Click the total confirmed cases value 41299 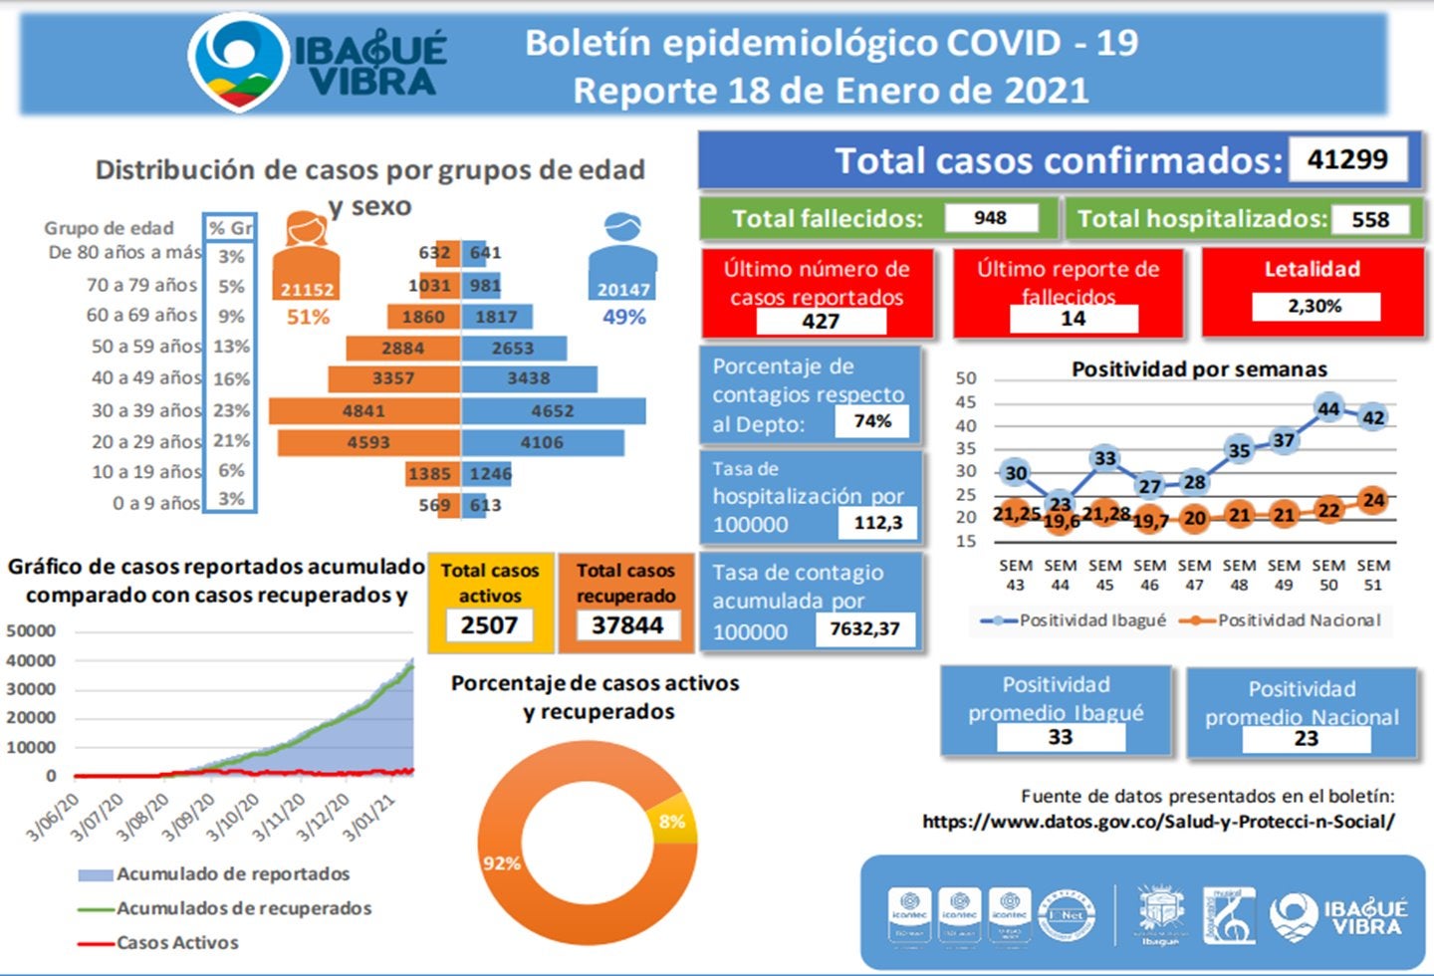click(x=1346, y=159)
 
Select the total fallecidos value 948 click(x=990, y=218)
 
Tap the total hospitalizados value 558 click(x=1369, y=219)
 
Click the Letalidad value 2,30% click(x=1314, y=306)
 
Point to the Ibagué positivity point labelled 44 click(x=1328, y=408)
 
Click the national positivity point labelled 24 click(x=1373, y=500)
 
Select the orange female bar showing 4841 click(x=363, y=410)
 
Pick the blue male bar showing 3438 click(x=529, y=378)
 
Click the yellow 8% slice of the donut click(x=674, y=820)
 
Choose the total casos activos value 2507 click(x=489, y=625)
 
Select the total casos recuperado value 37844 click(x=626, y=625)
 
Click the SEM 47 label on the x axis click(x=1194, y=575)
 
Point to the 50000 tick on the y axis click(x=31, y=630)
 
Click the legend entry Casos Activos click(x=177, y=942)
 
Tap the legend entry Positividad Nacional click(x=1299, y=620)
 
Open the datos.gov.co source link click(x=1158, y=822)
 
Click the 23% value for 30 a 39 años click(x=231, y=410)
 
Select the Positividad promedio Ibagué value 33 click(x=1060, y=737)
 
